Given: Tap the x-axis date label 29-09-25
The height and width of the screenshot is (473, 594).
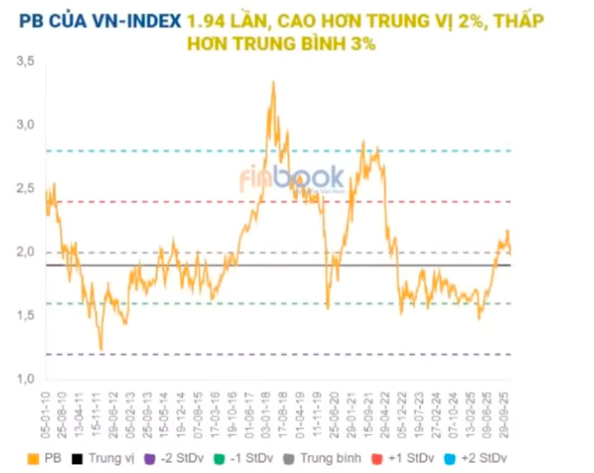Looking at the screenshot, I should click(x=505, y=411).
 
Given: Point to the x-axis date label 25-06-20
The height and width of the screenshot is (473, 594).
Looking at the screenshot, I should click(x=334, y=411).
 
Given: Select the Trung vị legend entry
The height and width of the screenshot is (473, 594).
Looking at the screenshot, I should click(x=104, y=458).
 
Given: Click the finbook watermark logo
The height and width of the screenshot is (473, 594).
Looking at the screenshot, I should click(x=291, y=179).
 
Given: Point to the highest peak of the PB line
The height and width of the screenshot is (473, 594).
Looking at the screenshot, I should click(x=273, y=82).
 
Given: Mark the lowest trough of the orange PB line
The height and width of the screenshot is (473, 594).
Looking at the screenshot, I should click(x=101, y=350).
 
